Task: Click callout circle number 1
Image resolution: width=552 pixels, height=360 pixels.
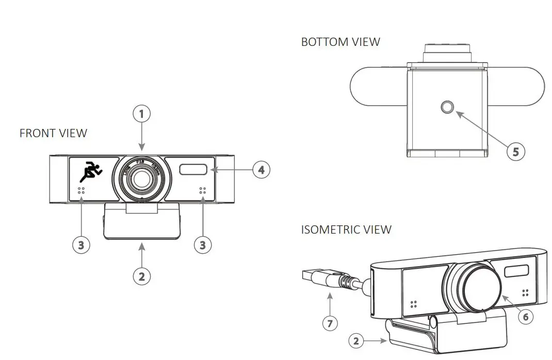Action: (x=142, y=113)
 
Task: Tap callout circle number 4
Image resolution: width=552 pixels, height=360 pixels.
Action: (x=261, y=169)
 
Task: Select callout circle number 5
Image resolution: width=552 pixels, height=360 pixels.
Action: (x=515, y=151)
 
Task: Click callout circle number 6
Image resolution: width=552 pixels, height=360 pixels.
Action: (x=526, y=316)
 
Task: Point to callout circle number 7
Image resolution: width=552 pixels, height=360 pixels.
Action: (x=330, y=323)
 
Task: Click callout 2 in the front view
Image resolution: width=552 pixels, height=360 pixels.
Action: (x=142, y=276)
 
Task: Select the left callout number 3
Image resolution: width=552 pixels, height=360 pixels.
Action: (x=81, y=244)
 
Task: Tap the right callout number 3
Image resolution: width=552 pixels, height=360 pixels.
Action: (x=203, y=244)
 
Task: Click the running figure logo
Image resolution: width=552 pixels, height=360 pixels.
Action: (x=91, y=171)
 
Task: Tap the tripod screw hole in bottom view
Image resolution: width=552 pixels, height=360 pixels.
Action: (x=447, y=107)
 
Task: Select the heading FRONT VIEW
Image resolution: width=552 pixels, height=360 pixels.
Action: (x=53, y=133)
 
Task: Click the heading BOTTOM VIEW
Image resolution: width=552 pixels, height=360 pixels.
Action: (x=340, y=42)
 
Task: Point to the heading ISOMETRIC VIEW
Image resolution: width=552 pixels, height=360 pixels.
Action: (x=346, y=230)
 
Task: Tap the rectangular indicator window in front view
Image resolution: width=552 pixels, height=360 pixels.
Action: (x=194, y=169)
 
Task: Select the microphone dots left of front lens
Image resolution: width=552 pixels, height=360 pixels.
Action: (x=81, y=191)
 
